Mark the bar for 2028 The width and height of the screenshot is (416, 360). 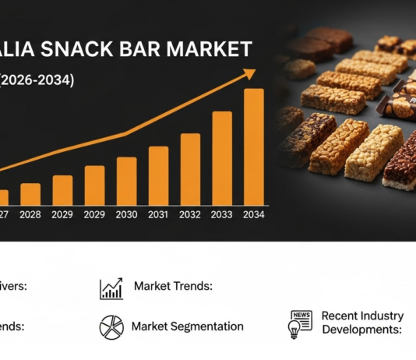coord(30,194)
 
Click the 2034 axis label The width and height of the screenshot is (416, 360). coord(254,214)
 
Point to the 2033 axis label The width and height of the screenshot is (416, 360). coord(222,214)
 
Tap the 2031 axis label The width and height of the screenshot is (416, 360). coord(158,214)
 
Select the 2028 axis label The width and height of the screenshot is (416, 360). coord(30,214)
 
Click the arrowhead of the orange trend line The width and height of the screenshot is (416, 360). coord(249,73)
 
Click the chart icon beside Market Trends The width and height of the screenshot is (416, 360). coord(111,288)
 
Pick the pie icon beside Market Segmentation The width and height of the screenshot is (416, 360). coord(111,327)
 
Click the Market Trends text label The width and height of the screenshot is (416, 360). coord(174,287)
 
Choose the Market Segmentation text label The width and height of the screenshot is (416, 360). coord(187,326)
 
